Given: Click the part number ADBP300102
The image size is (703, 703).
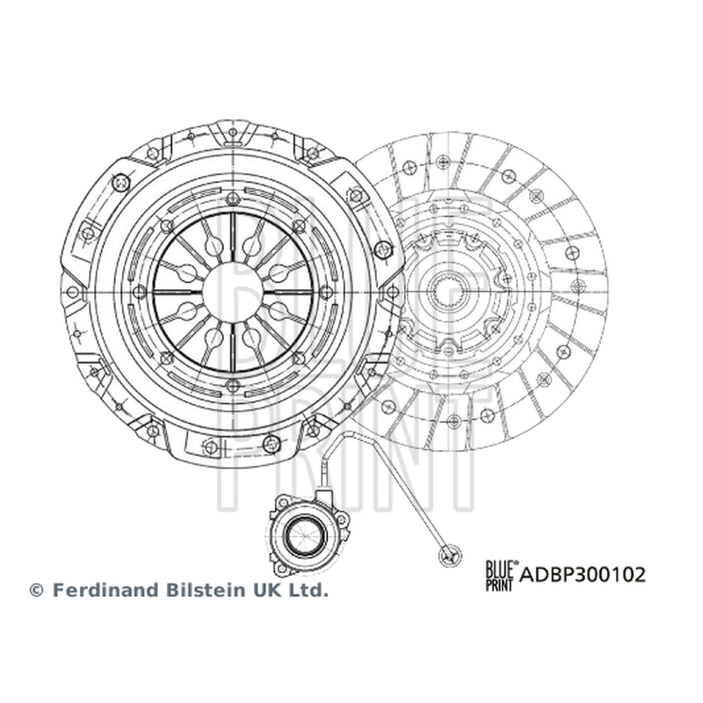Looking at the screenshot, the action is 583,575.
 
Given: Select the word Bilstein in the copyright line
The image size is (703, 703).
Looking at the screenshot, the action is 206,590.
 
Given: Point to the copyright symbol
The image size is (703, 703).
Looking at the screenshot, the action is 36,590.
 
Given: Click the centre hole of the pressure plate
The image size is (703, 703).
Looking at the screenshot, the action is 233,292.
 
